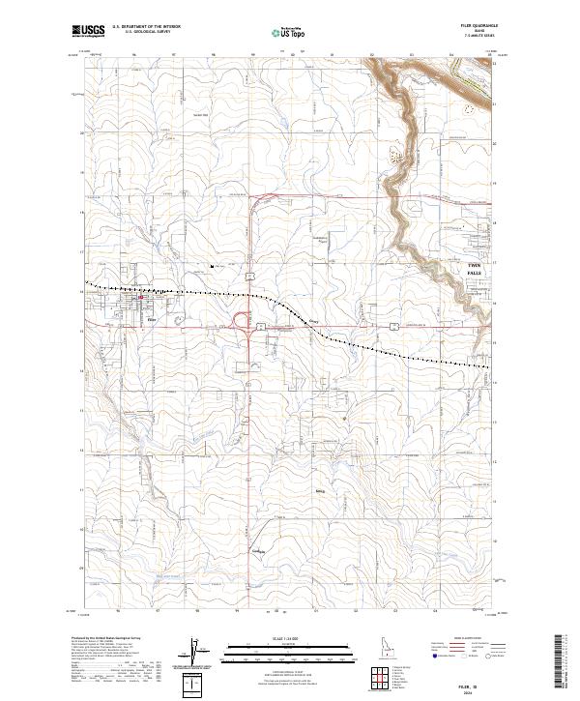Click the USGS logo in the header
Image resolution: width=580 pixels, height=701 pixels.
coord(89,32)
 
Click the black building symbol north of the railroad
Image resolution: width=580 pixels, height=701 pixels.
coord(212,266)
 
